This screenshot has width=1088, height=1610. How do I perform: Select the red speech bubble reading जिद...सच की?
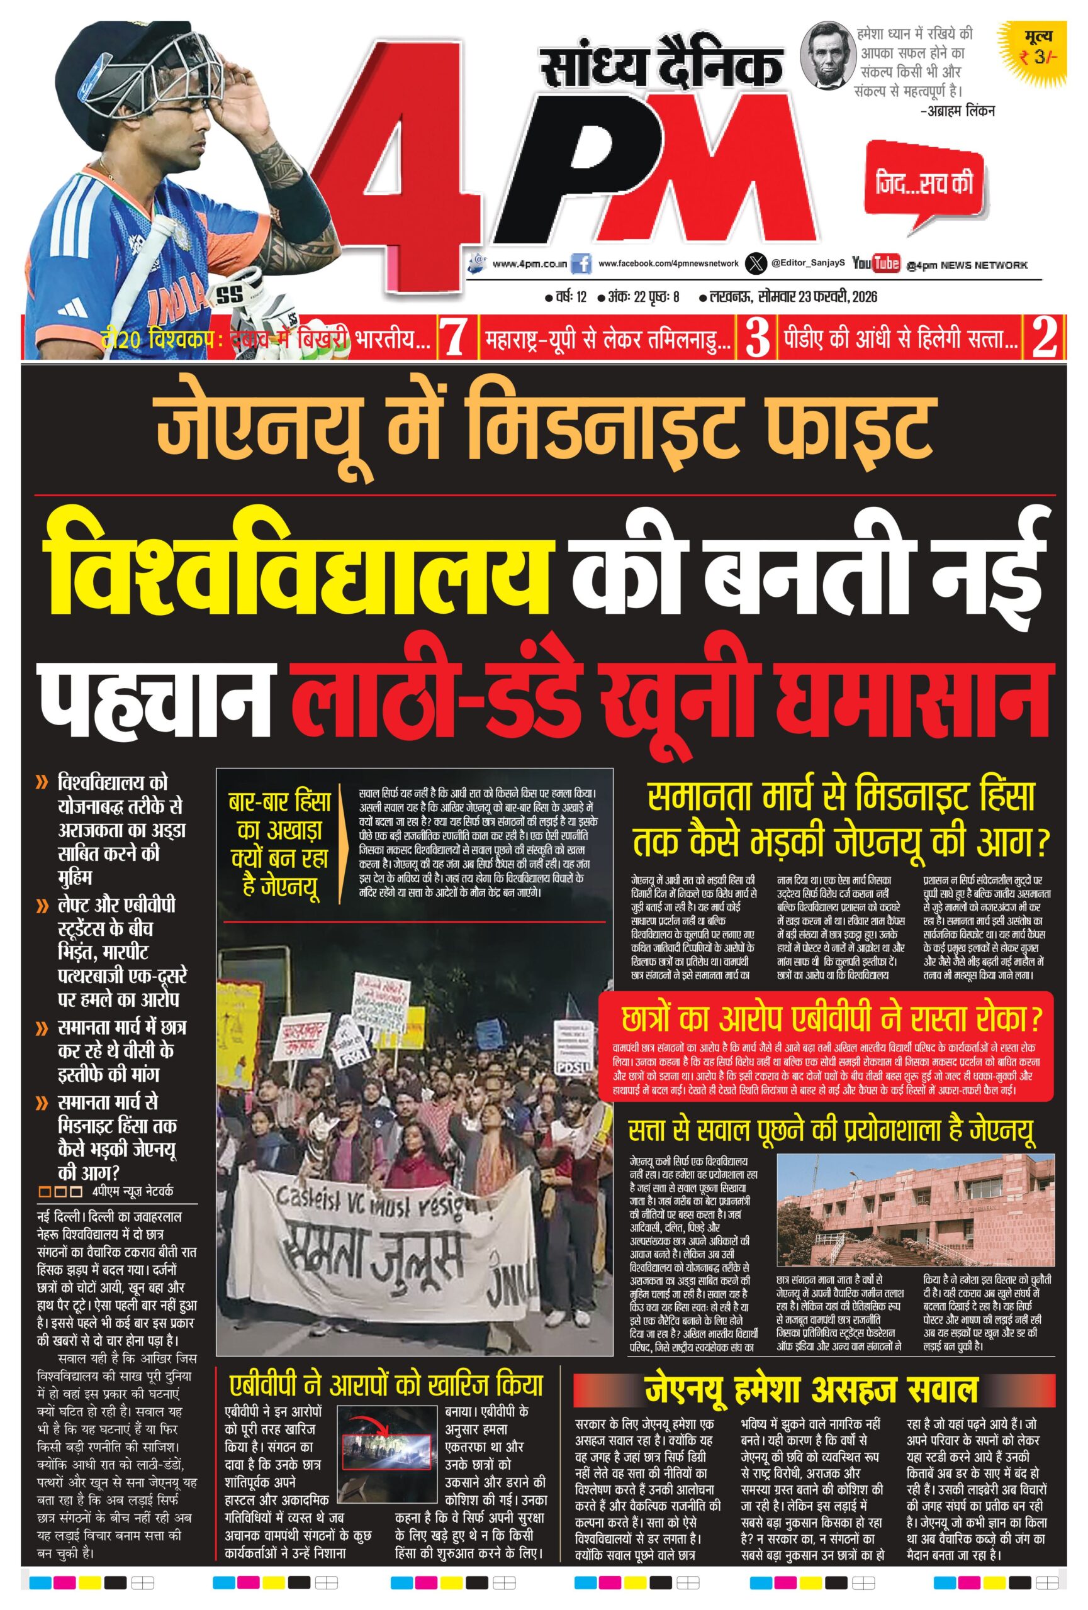tap(924, 183)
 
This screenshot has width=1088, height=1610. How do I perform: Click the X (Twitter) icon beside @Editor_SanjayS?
tap(755, 264)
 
